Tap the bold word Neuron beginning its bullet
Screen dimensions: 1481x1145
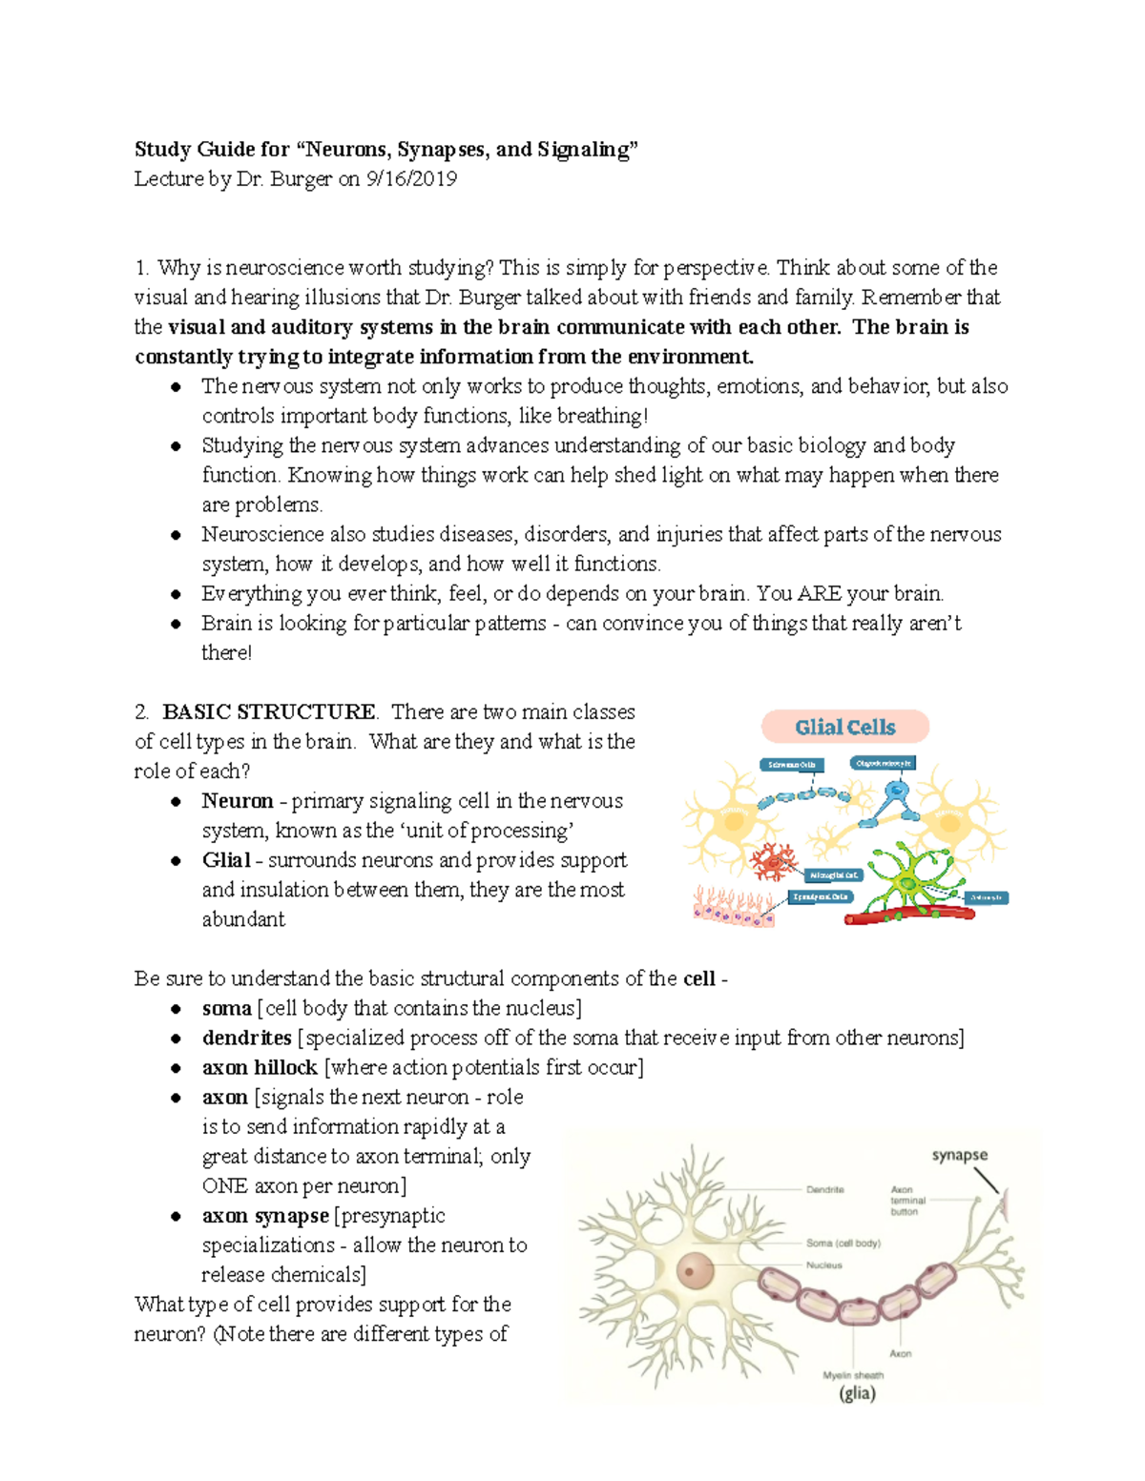238,801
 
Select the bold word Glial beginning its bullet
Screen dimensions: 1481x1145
226,860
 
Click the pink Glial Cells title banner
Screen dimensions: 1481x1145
844,728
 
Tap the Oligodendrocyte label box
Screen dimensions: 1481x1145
883,763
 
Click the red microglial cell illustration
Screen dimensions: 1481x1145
773,862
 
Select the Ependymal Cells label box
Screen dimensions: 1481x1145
820,897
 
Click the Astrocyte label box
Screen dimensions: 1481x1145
986,897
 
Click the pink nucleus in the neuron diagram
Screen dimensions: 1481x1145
695,1270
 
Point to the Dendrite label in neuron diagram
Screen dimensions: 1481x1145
824,1190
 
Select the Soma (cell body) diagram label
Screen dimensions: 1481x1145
843,1244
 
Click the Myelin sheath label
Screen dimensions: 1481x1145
853,1375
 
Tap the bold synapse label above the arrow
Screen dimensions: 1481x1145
959,1155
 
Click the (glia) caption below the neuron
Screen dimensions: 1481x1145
857,1393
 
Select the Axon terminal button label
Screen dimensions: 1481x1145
906,1201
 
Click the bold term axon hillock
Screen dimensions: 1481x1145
260,1068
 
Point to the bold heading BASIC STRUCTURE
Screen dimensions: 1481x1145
269,712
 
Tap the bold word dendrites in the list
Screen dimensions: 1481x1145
246,1039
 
